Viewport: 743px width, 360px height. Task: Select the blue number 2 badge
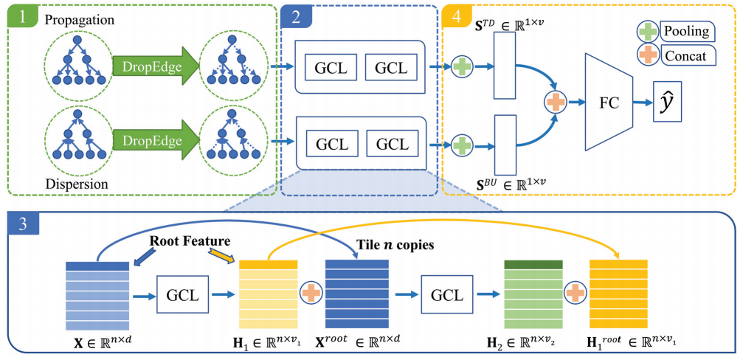pyautogui.click(x=296, y=16)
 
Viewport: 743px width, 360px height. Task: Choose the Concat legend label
pyautogui.click(x=688, y=56)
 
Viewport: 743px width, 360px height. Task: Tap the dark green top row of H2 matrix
pyautogui.click(x=533, y=264)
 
